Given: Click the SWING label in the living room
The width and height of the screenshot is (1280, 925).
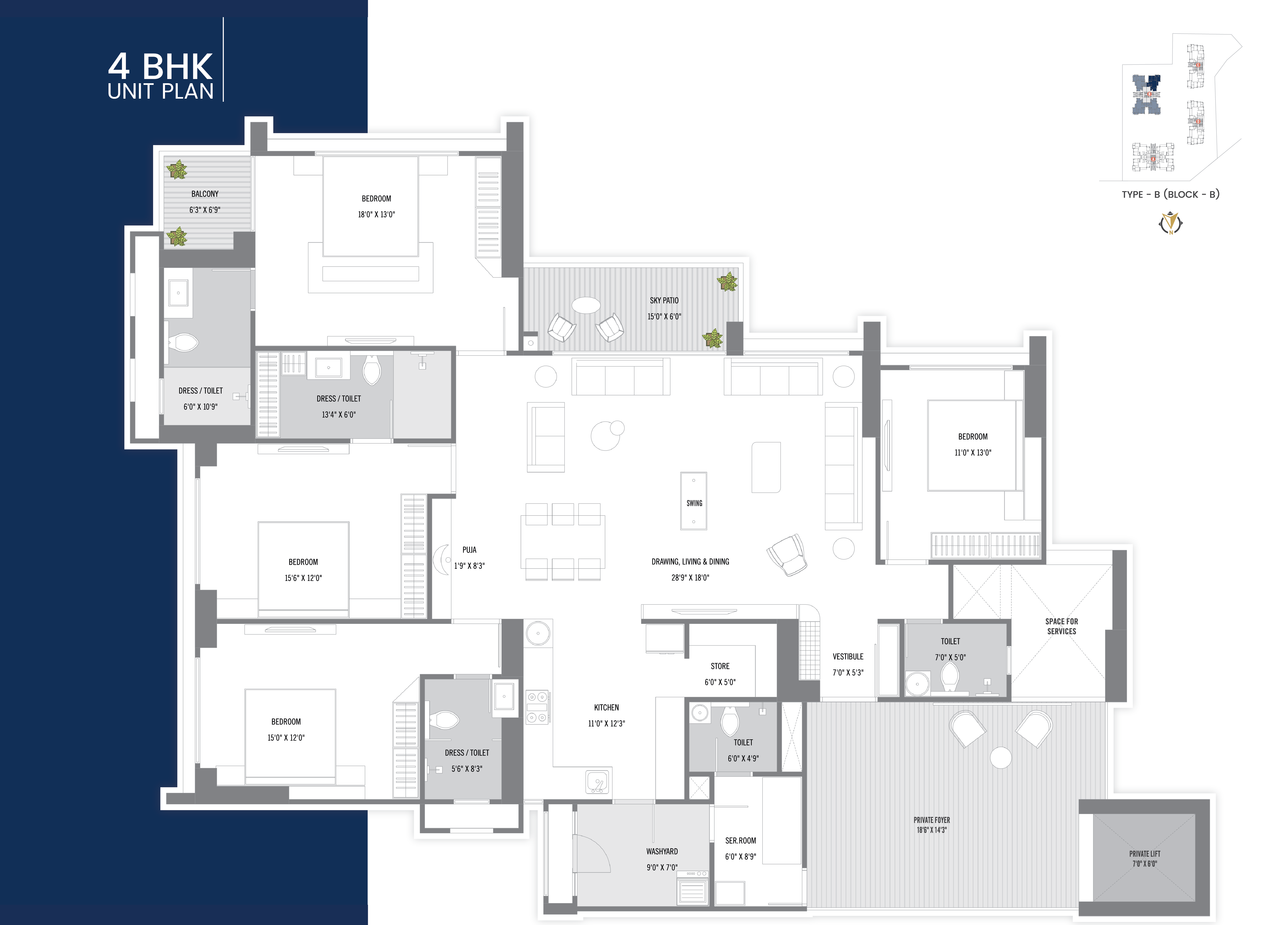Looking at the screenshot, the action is [694, 503].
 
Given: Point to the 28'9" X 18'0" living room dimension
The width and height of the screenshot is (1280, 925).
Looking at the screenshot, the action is [690, 578].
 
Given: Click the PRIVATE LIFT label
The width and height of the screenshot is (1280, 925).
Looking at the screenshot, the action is [1144, 854].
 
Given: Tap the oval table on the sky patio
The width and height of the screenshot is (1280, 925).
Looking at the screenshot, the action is [586, 305].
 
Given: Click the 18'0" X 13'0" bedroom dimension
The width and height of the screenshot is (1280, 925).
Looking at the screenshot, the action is [376, 215].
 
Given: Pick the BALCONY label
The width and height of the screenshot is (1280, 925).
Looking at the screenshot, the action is [205, 194].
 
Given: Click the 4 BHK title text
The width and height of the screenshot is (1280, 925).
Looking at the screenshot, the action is [160, 67].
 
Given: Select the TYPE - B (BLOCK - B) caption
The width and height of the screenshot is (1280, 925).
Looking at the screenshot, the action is [1171, 194].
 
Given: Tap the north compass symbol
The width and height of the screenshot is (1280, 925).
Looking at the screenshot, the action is [1171, 223].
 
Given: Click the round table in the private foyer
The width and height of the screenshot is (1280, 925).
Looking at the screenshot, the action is [1001, 758].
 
